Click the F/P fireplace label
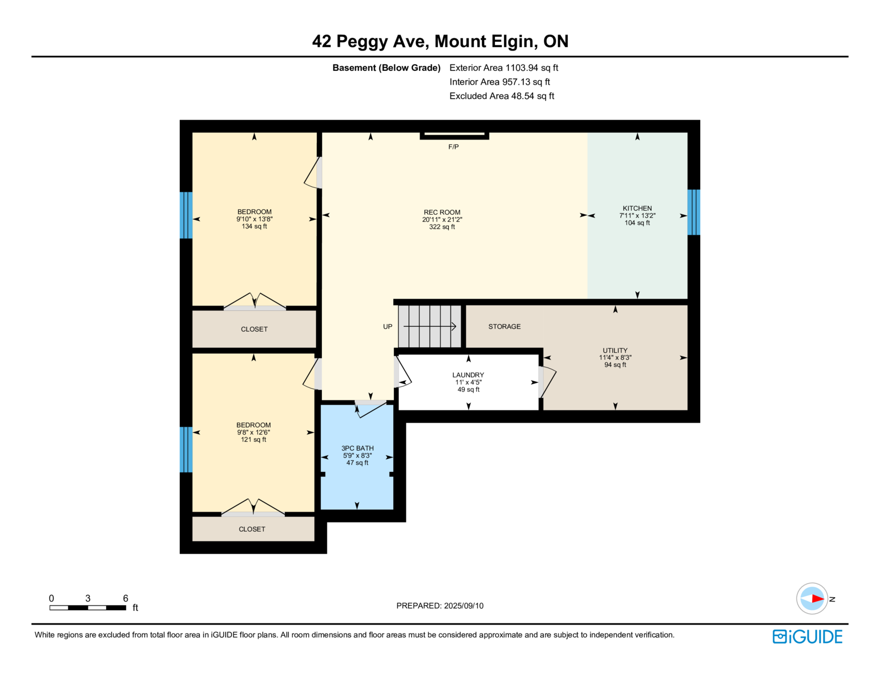[453, 147]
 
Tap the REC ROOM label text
[442, 212]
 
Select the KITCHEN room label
[637, 208]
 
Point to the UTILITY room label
[615, 350]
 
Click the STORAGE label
[504, 326]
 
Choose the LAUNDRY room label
[468, 375]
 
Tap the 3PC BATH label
[357, 448]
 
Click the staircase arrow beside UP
[430, 326]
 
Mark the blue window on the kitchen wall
[694, 212]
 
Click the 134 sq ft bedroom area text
[254, 226]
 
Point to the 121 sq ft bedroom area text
[254, 439]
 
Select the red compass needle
[818, 599]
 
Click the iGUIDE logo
[807, 637]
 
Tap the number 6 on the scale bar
[125, 598]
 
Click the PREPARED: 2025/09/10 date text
[440, 606]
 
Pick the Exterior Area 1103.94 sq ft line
[504, 68]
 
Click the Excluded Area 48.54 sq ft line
[502, 96]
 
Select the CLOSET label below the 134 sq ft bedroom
[254, 329]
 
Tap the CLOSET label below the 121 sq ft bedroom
[252, 529]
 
